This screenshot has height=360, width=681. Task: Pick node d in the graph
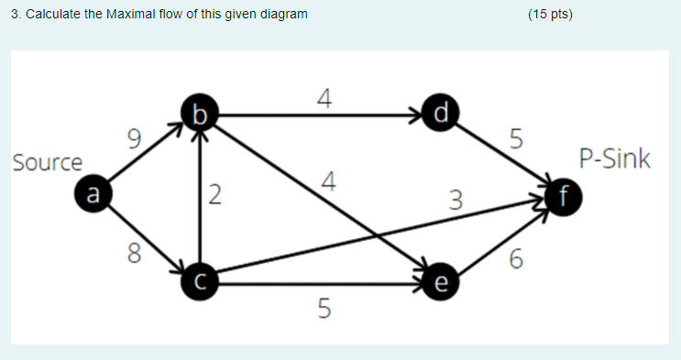coord(443,115)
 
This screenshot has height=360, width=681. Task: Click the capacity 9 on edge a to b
coord(135,140)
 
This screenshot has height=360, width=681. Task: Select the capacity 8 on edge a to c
coord(135,251)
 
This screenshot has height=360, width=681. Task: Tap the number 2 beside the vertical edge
coord(214,194)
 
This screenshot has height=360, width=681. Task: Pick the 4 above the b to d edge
coord(323,97)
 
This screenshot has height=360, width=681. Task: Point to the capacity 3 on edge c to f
coord(456,198)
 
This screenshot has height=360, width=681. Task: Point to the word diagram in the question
coord(282,15)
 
